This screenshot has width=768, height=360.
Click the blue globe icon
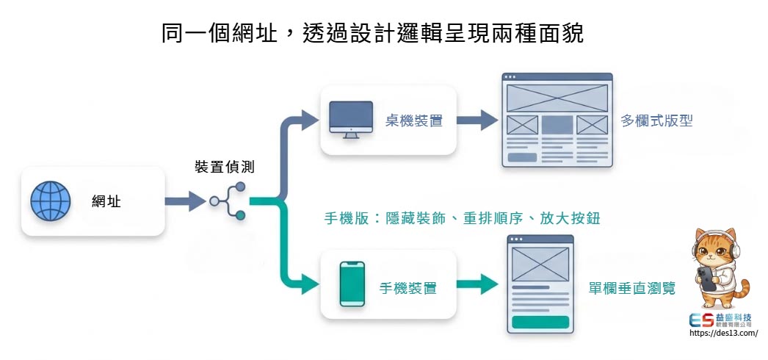coord(51,201)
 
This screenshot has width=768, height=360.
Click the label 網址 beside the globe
coord(106,201)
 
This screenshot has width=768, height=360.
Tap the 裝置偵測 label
coord(225,167)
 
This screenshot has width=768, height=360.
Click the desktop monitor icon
coord(351,119)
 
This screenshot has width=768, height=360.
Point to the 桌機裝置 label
coord(414,120)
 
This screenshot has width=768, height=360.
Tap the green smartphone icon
coord(352,284)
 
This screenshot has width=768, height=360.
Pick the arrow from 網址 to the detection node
coord(184,201)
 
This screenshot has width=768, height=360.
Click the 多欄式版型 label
coord(656,120)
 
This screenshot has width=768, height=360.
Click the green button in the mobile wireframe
coord(540,322)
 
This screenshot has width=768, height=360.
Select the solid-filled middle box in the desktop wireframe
coord(557,125)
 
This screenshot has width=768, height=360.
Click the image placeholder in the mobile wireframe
coord(540,263)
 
